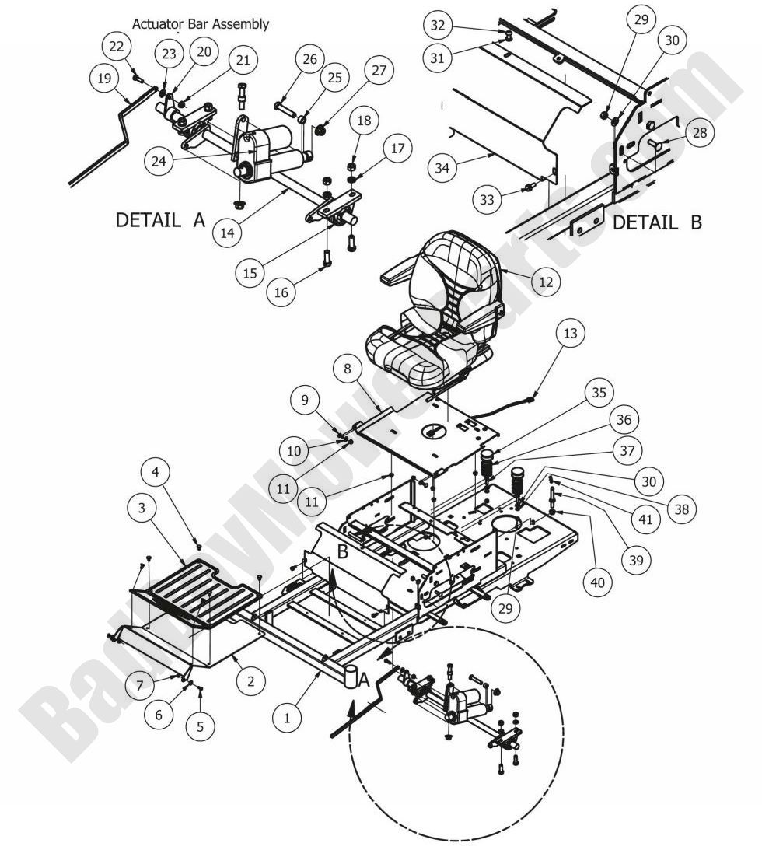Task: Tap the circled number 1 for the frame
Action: pos(287,719)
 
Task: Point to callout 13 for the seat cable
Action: pos(570,334)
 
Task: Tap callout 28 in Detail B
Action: pos(699,133)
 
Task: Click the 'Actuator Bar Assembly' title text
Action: pos(201,24)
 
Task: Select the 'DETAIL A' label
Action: pos(160,220)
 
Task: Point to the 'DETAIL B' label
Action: pos(657,222)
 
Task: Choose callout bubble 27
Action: pos(378,71)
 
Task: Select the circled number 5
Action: pos(200,726)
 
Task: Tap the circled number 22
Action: pos(117,47)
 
